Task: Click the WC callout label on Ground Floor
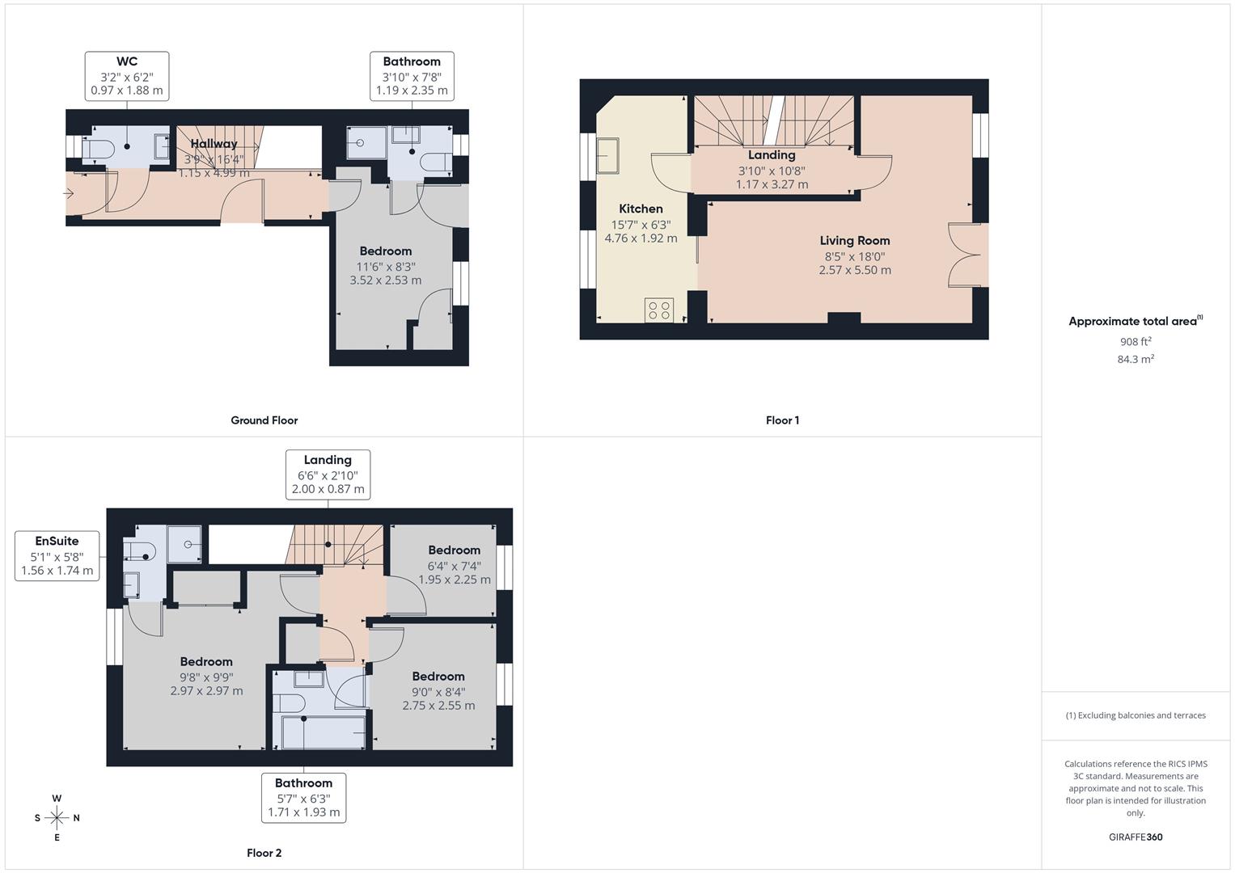click(x=127, y=76)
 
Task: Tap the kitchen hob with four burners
click(x=659, y=310)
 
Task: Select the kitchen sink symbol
click(x=607, y=155)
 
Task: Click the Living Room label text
click(x=854, y=241)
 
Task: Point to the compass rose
click(x=57, y=818)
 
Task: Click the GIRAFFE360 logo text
click(x=1135, y=837)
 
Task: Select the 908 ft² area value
click(x=1135, y=342)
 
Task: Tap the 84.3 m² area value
click(x=1135, y=360)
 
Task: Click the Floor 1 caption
click(x=782, y=420)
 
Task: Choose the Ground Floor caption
click(x=264, y=420)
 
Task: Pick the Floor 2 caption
click(x=264, y=853)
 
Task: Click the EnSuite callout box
click(x=57, y=556)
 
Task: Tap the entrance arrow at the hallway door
click(x=70, y=193)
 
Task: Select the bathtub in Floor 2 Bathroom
click(x=323, y=732)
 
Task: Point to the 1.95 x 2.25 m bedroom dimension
click(x=454, y=580)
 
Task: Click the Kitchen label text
click(x=641, y=209)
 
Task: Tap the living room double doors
click(x=968, y=255)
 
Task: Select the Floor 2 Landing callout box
click(x=328, y=474)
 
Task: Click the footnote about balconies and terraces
click(x=1135, y=715)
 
